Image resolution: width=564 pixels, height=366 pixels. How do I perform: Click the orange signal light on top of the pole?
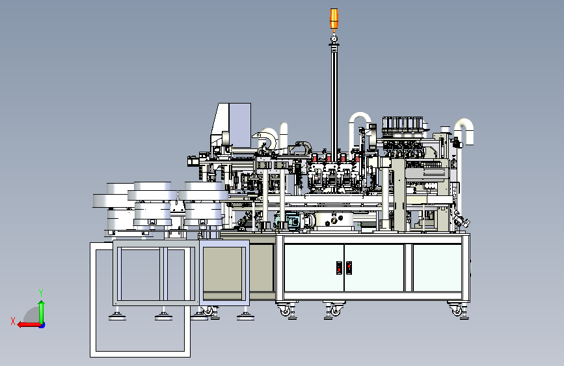(x=334, y=18)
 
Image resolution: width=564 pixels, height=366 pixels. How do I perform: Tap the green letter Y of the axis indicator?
(x=41, y=292)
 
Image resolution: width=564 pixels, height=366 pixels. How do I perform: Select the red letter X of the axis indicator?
(x=13, y=321)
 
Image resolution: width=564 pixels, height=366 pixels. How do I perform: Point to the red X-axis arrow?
(x=29, y=325)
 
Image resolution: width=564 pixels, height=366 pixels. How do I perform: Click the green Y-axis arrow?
(x=42, y=312)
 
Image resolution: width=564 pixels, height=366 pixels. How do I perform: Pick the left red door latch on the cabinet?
(x=339, y=268)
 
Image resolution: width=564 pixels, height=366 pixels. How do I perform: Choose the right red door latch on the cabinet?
(x=349, y=268)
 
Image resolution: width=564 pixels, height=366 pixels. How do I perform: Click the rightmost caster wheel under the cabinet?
(x=457, y=310)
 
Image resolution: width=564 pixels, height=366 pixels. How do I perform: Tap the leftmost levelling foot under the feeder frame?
(x=117, y=316)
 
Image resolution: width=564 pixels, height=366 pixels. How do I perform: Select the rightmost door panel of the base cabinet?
(x=437, y=268)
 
